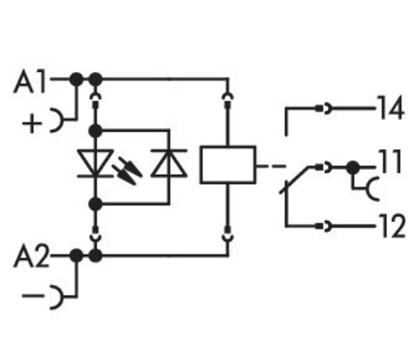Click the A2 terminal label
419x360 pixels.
(32, 258)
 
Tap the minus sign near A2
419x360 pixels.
(31, 297)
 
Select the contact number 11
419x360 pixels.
(390, 166)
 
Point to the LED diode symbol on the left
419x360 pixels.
(95, 165)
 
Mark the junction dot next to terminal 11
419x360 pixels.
(353, 167)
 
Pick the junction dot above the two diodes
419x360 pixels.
(96, 130)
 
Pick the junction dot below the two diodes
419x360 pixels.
(96, 203)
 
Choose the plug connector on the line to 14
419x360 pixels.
(325, 108)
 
